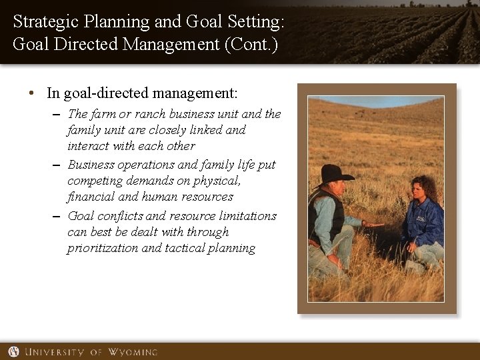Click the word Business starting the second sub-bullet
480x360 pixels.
pyautogui.click(x=93, y=165)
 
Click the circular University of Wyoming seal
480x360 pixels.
pyautogui.click(x=13, y=351)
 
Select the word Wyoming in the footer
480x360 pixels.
pyautogui.click(x=131, y=351)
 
